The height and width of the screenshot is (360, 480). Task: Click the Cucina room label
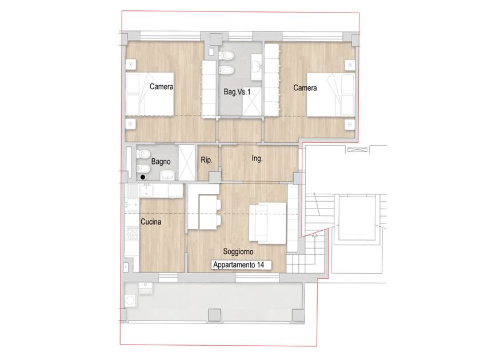pyautogui.click(x=151, y=222)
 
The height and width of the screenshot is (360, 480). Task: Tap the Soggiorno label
pyautogui.click(x=238, y=251)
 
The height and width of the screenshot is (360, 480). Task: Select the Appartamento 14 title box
pyautogui.click(x=241, y=265)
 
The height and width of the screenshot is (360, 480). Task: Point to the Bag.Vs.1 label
pyautogui.click(x=237, y=91)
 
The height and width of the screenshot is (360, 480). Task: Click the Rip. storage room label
pyautogui.click(x=207, y=160)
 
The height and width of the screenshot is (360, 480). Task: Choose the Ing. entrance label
pyautogui.click(x=257, y=158)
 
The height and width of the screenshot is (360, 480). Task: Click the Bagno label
pyautogui.click(x=161, y=161)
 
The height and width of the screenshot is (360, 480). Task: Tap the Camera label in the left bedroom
pyautogui.click(x=161, y=87)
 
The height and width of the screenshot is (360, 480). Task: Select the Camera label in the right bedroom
pyautogui.click(x=305, y=88)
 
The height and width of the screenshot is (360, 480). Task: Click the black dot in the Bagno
pyautogui.click(x=143, y=177)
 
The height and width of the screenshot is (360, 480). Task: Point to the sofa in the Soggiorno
pyautogui.click(x=268, y=223)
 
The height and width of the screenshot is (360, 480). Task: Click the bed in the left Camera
pyautogui.click(x=150, y=94)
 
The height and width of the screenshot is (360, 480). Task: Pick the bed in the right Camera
pyautogui.click(x=331, y=95)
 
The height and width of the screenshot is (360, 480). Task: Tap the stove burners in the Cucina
pyautogui.click(x=133, y=234)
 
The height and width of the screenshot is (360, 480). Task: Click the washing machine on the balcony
pyautogui.click(x=130, y=301)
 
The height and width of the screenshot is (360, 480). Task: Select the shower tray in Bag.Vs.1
pyautogui.click(x=252, y=102)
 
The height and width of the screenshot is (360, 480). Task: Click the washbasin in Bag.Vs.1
pyautogui.click(x=257, y=67)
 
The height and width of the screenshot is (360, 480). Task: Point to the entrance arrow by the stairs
pyautogui.click(x=314, y=235)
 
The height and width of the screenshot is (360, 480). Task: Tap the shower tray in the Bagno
pyautogui.click(x=187, y=163)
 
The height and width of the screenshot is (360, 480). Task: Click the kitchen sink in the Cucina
pyautogui.click(x=147, y=190)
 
